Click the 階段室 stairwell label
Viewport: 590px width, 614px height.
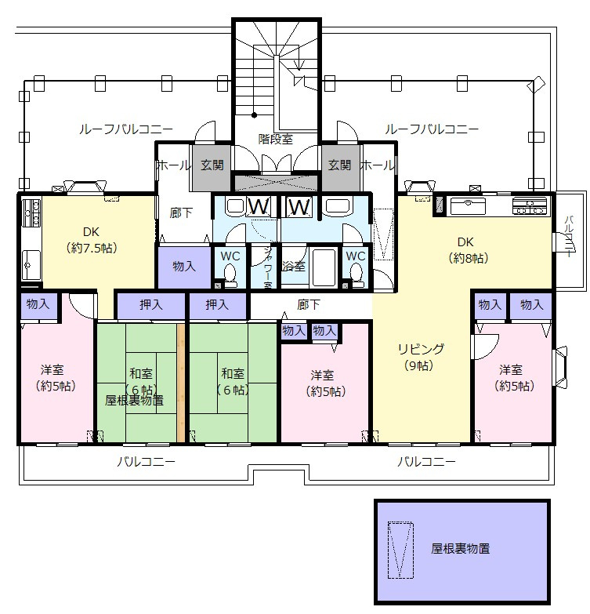click(x=276, y=139)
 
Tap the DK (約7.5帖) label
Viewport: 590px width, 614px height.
click(x=91, y=239)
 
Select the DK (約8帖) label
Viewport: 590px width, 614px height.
click(x=469, y=249)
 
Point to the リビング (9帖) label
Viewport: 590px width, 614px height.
click(x=420, y=356)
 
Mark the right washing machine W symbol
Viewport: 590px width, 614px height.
click(x=298, y=207)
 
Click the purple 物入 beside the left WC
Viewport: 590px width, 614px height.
click(x=184, y=267)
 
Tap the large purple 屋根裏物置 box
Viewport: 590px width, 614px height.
click(x=462, y=549)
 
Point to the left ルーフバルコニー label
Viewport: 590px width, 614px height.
click(x=126, y=129)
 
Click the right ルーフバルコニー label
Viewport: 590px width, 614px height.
click(x=432, y=129)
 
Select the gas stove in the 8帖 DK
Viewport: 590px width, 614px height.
click(x=530, y=207)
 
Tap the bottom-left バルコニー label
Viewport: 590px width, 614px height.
click(x=146, y=462)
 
